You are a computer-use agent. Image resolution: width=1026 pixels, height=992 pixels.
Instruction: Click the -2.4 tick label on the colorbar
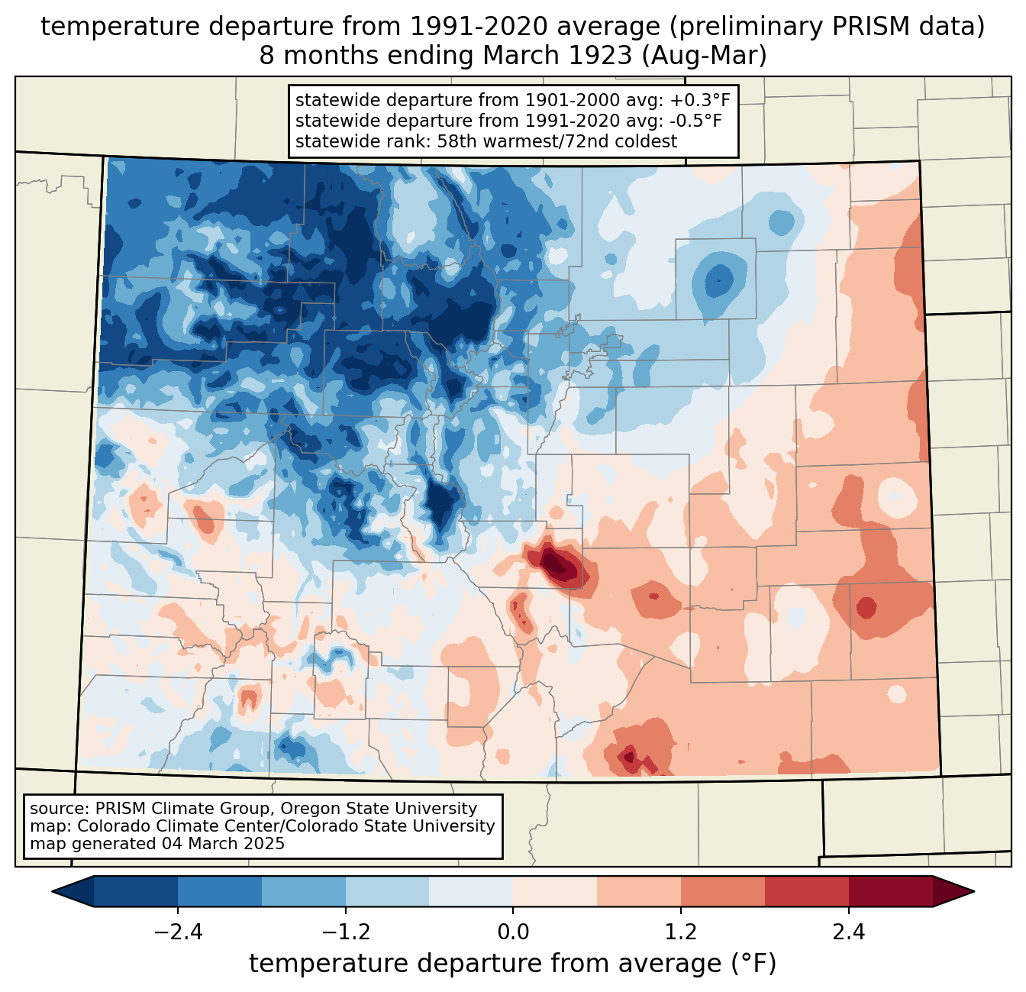178,932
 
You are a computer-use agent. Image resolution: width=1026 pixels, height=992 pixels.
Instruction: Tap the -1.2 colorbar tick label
345,932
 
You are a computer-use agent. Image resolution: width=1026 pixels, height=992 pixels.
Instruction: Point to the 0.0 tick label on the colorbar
513,932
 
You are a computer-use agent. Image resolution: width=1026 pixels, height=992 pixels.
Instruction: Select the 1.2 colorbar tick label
681,932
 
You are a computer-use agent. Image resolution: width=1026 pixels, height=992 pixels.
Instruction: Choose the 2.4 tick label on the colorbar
848,932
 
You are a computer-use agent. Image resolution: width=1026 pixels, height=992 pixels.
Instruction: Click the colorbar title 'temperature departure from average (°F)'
513,964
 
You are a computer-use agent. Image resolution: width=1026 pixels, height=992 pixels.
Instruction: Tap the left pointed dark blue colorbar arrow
73,891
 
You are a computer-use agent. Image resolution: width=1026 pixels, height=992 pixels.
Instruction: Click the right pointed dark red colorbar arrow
953,891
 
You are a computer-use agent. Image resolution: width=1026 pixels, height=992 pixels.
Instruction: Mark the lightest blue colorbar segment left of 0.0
471,891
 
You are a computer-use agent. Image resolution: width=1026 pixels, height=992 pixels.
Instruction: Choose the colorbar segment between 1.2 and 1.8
723,891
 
